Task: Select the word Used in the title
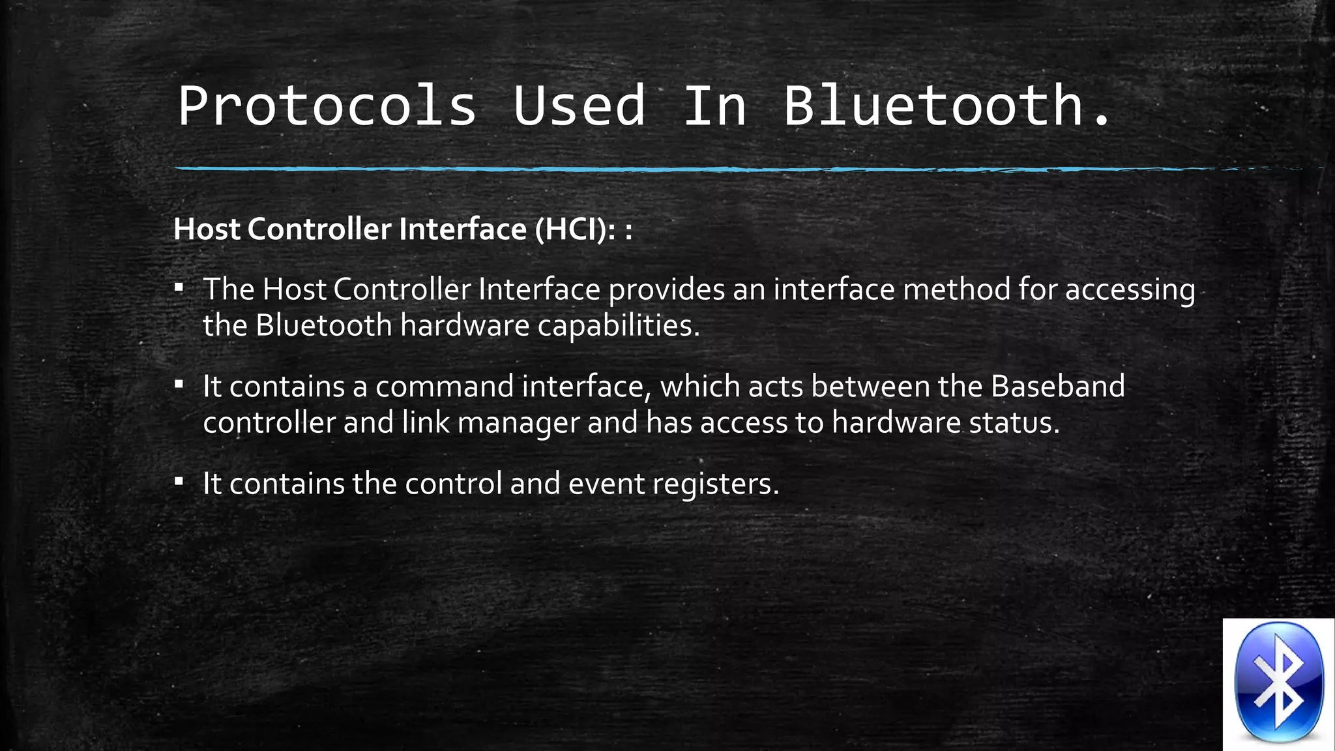[x=579, y=106]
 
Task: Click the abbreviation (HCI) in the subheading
[x=570, y=229]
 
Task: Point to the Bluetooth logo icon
[x=1279, y=683]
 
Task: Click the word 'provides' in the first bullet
[x=666, y=289]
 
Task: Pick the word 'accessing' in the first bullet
[x=1130, y=289]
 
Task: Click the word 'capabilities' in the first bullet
[x=614, y=325]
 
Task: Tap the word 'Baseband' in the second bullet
[x=1058, y=387]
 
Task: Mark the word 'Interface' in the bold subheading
[x=463, y=229]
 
